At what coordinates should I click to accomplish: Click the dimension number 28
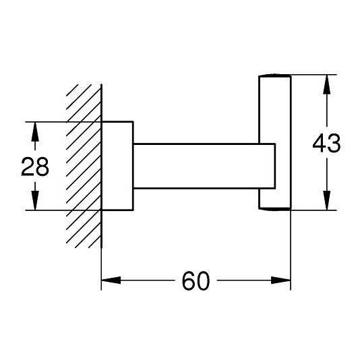click(x=35, y=167)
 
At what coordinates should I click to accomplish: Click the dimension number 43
click(x=326, y=144)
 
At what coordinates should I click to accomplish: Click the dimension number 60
click(x=196, y=281)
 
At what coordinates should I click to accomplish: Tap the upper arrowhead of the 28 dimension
click(x=35, y=131)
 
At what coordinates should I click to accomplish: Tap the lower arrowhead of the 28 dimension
click(x=35, y=200)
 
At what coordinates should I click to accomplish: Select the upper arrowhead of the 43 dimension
click(x=327, y=84)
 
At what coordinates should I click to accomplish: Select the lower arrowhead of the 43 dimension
click(x=327, y=200)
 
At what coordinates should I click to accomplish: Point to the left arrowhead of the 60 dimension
click(x=111, y=280)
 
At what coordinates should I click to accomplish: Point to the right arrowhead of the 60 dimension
click(x=281, y=280)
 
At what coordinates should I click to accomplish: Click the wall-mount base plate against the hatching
click(x=117, y=166)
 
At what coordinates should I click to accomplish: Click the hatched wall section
click(x=84, y=166)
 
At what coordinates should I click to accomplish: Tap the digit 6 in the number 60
click(x=189, y=281)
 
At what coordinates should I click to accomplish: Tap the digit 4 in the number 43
click(x=320, y=144)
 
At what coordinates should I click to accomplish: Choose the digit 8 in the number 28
click(x=42, y=167)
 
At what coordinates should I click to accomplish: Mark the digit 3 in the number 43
click(x=334, y=144)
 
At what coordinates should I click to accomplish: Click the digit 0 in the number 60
click(x=203, y=281)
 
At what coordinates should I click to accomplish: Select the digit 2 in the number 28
click(x=28, y=167)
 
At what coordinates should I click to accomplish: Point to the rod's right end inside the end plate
click(x=275, y=166)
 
